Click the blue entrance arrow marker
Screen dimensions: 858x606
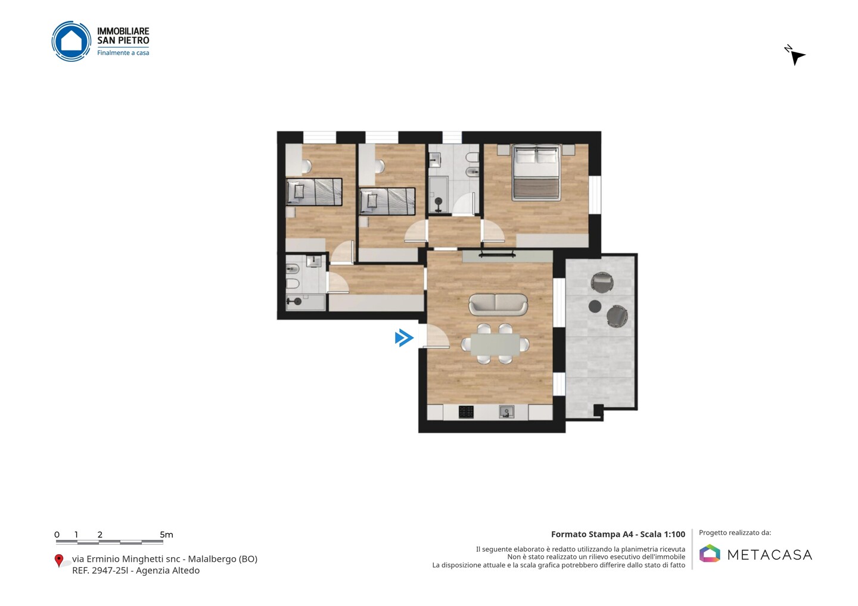tap(404, 338)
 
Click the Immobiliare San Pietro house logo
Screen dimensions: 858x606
tap(71, 41)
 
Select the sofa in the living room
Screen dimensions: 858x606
tap(498, 305)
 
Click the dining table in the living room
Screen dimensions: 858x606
tap(495, 344)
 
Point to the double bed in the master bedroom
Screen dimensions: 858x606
tap(536, 173)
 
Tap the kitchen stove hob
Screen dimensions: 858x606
tap(466, 412)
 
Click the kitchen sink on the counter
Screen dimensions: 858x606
tap(506, 412)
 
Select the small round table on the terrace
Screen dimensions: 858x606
tap(595, 306)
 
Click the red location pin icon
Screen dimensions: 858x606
tap(58, 560)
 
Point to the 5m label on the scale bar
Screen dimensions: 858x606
tap(167, 535)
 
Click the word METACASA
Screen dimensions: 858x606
tap(770, 555)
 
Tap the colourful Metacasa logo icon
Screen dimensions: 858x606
tap(710, 553)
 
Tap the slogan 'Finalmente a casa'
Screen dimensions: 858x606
tap(123, 53)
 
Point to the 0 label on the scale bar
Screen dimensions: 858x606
tap(57, 535)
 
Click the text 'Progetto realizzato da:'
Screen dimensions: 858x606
tap(735, 533)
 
